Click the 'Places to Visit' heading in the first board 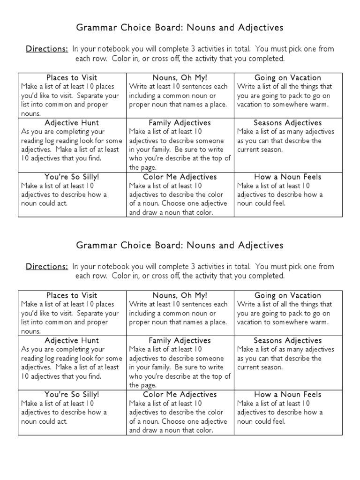pyautogui.click(x=72, y=78)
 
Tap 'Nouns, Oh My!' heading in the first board pyautogui.click(x=180, y=78)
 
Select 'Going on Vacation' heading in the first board pyautogui.click(x=288, y=78)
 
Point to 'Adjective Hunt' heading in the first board pyautogui.click(x=72, y=123)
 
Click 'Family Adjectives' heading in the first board pyautogui.click(x=180, y=123)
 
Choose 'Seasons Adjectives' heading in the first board pyautogui.click(x=288, y=123)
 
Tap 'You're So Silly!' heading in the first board pyautogui.click(x=72, y=177)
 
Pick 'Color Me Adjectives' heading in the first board pyautogui.click(x=180, y=177)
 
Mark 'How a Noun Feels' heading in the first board pyautogui.click(x=288, y=177)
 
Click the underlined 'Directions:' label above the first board pyautogui.click(x=47, y=49)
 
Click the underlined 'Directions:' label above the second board pyautogui.click(x=47, y=267)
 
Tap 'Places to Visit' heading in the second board pyautogui.click(x=72, y=295)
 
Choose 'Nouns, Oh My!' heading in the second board pyautogui.click(x=180, y=295)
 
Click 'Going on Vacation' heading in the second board pyautogui.click(x=288, y=295)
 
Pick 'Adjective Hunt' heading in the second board pyautogui.click(x=72, y=340)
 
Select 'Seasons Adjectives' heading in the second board pyautogui.click(x=288, y=340)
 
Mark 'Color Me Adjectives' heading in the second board pyautogui.click(x=180, y=395)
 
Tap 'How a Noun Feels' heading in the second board pyautogui.click(x=288, y=395)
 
